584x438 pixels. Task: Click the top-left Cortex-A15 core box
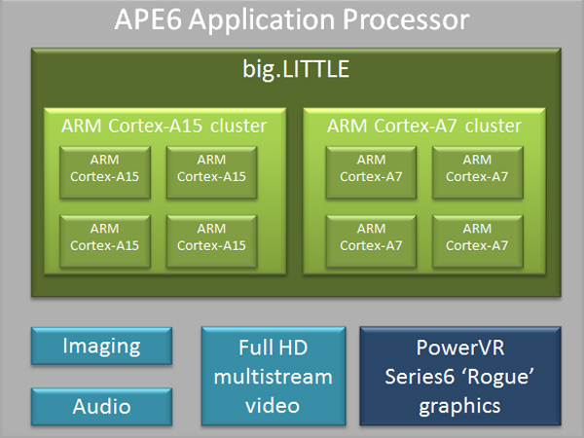105,168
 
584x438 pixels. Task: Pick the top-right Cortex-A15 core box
211,168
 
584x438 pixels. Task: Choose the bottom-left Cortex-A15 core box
105,237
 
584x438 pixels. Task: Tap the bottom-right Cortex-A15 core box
211,237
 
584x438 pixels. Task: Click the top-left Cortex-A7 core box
371,168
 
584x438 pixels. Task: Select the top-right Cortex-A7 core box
477,168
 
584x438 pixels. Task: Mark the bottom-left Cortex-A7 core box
371,237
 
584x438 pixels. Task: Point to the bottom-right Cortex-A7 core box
477,237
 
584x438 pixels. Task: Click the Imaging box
101,346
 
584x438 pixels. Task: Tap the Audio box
101,406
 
